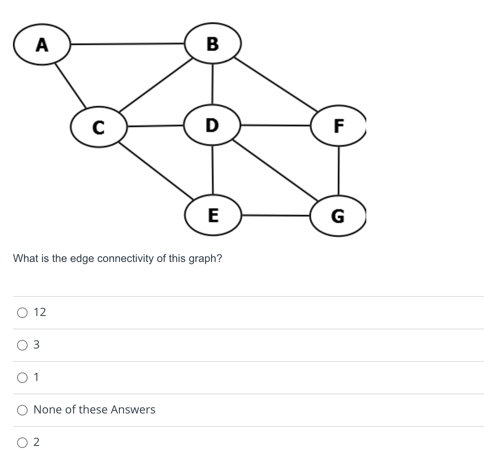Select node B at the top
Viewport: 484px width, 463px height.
pyautogui.click(x=213, y=43)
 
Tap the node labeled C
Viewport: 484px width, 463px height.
pyautogui.click(x=99, y=126)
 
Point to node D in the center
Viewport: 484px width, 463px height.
pyautogui.click(x=212, y=125)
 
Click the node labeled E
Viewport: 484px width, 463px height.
pyautogui.click(x=213, y=214)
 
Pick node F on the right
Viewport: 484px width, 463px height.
pyautogui.click(x=338, y=125)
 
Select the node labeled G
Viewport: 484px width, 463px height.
pyautogui.click(x=338, y=216)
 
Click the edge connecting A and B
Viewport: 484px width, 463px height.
pyautogui.click(x=128, y=43)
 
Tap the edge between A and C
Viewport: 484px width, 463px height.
pyautogui.click(x=70, y=85)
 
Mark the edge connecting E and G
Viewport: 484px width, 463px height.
pyautogui.click(x=276, y=215)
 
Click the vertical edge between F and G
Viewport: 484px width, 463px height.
pyautogui.click(x=339, y=171)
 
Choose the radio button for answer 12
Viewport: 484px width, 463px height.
pyautogui.click(x=22, y=312)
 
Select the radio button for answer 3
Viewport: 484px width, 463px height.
pyautogui.click(x=22, y=345)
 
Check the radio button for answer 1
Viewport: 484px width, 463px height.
pyautogui.click(x=22, y=377)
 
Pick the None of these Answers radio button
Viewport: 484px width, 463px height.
pyautogui.click(x=22, y=410)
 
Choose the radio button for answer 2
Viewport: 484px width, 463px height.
pyautogui.click(x=22, y=442)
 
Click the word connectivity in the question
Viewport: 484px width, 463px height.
pyautogui.click(x=125, y=259)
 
